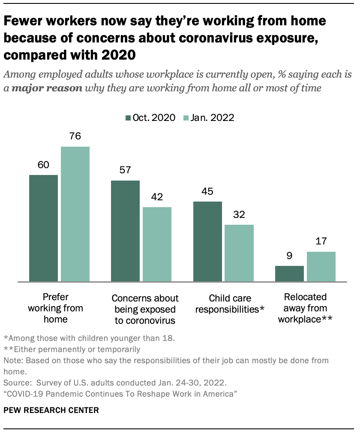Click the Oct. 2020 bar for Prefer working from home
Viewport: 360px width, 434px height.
click(43, 228)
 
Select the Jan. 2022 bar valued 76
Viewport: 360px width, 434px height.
click(75, 214)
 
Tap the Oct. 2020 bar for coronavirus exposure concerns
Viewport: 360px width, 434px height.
click(125, 231)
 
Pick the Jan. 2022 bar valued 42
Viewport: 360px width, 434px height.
click(157, 244)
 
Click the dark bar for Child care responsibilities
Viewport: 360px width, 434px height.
click(207, 241)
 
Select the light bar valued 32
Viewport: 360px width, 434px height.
click(239, 253)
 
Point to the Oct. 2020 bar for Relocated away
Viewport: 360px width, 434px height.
click(289, 274)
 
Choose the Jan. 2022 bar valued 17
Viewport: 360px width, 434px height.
click(321, 267)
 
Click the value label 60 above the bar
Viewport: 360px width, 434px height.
click(43, 165)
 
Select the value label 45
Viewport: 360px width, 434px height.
click(207, 192)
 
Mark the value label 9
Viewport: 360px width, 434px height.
click(289, 256)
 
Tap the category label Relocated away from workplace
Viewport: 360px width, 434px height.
click(305, 308)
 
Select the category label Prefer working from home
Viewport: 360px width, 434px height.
click(56, 308)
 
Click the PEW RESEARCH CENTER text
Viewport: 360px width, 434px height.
click(51, 410)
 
